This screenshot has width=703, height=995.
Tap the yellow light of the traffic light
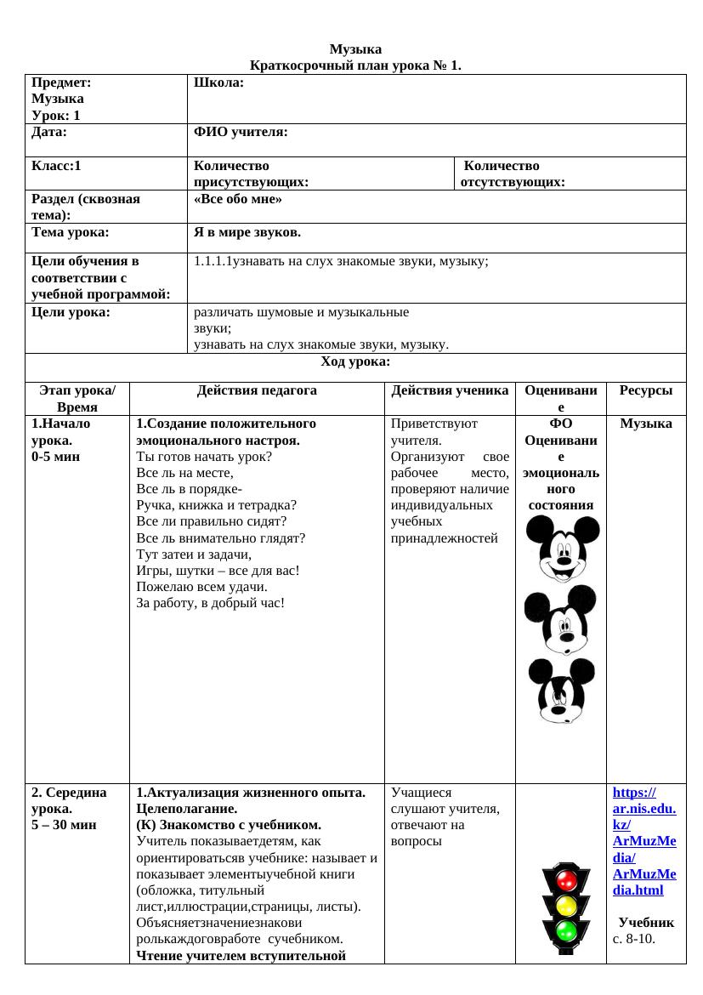point(565,905)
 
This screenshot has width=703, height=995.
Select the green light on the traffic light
point(565,932)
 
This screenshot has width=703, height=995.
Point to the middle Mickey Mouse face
point(561,618)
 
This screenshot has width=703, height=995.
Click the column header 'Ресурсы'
point(646,390)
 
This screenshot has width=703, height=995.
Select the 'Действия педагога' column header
point(257,390)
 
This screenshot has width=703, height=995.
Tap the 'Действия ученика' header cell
point(450,390)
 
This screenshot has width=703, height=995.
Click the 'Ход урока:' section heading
point(355,361)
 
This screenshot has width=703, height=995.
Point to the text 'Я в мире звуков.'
point(247,232)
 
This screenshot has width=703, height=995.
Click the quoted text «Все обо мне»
point(238,199)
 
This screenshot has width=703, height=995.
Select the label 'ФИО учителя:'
point(241,132)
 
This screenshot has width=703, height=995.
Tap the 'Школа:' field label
point(219,82)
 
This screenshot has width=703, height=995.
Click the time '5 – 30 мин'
point(64,824)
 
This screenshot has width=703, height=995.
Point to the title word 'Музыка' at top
point(355,49)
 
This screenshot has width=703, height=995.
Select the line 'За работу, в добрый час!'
point(210,603)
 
